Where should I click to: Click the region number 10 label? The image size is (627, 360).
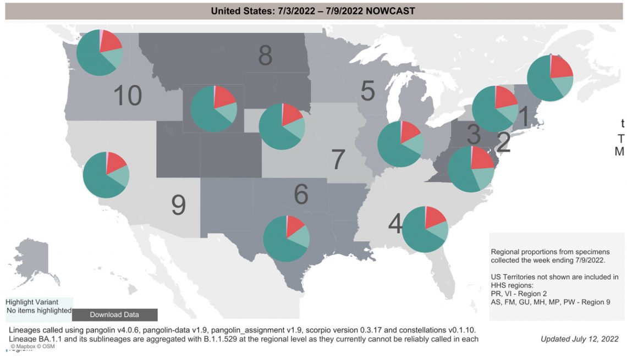click(128, 96)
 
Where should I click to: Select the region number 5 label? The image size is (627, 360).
click(368, 91)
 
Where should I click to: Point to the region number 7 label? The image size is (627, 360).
click(338, 159)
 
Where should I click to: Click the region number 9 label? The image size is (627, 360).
click(178, 206)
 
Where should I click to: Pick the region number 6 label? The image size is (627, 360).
click(301, 194)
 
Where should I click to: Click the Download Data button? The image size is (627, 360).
click(114, 315)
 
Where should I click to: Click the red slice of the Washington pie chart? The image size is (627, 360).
click(111, 41)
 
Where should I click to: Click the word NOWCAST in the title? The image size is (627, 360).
click(392, 10)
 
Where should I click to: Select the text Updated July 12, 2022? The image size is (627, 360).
click(579, 339)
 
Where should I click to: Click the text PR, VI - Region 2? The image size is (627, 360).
click(518, 294)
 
